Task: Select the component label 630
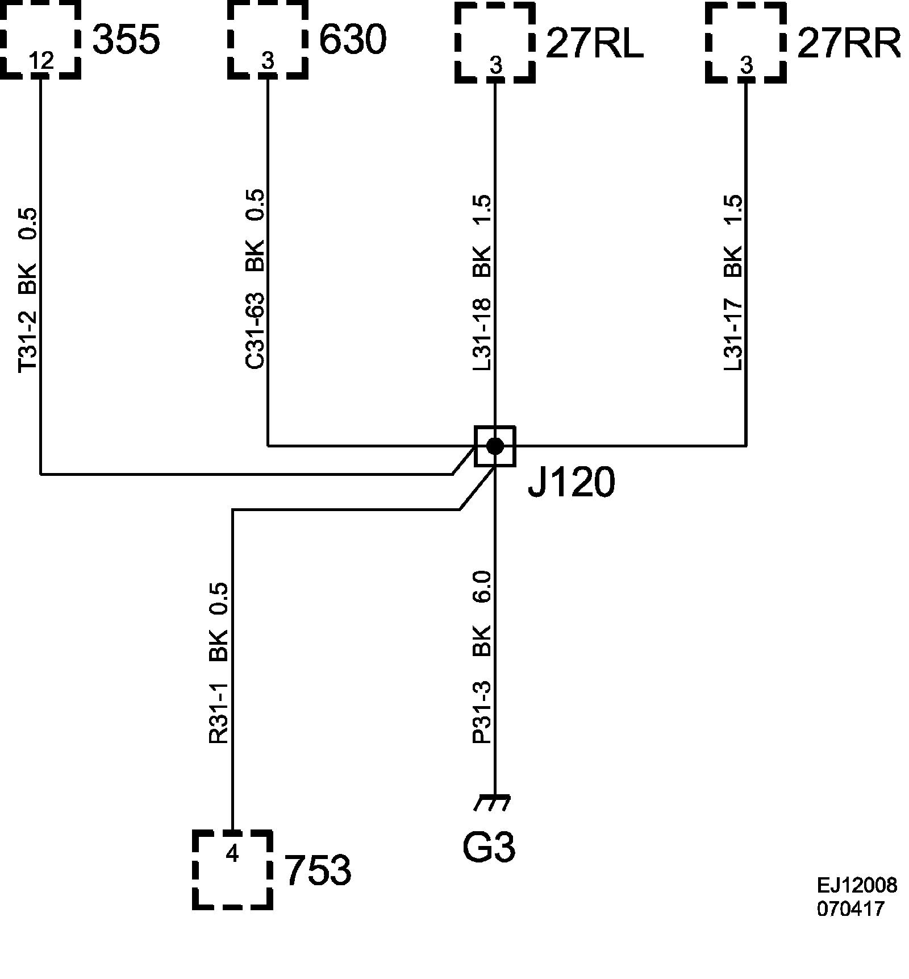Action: [353, 40]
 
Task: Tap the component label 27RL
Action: [595, 44]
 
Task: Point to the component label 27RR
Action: [849, 44]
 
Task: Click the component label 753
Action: [318, 870]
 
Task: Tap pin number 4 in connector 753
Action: [232, 853]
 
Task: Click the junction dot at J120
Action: [495, 446]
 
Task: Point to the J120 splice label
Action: [571, 483]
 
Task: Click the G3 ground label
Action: [489, 847]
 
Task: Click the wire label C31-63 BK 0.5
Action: [255, 279]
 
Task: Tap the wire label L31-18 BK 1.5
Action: [482, 283]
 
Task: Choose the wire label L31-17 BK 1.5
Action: [733, 283]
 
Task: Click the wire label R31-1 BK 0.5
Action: [219, 663]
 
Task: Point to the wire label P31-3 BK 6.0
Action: [482, 657]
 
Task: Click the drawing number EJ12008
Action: [857, 901]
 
